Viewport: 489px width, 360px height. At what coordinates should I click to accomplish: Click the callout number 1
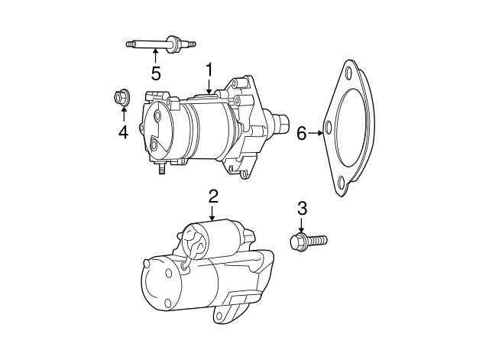point(208,72)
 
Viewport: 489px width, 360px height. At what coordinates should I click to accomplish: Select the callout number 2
point(213,196)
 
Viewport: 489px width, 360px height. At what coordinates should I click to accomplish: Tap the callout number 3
point(302,207)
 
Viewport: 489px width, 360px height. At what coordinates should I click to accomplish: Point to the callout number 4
point(122,131)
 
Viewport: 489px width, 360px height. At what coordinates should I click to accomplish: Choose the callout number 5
point(156,73)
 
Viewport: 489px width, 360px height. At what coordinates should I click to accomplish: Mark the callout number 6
point(301,134)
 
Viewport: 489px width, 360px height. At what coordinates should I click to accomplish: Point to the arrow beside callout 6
point(316,134)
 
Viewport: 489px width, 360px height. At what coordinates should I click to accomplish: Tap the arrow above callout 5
point(156,56)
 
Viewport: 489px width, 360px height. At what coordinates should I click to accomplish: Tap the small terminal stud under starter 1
point(161,170)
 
